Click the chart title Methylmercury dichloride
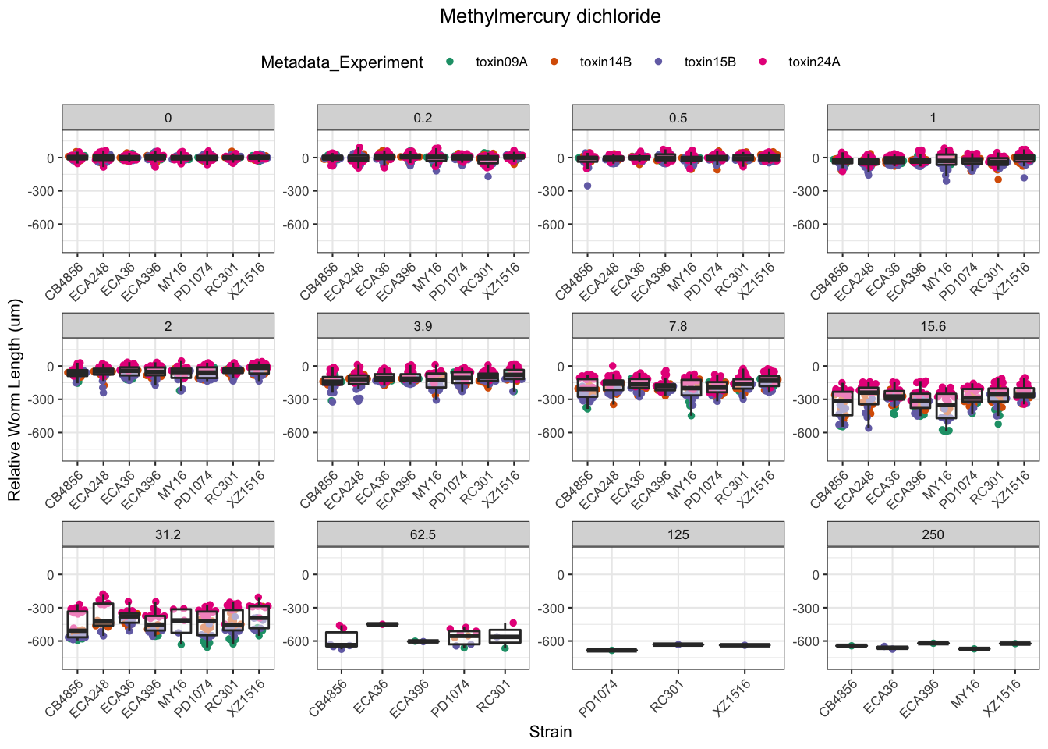point(550,16)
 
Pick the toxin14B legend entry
point(605,62)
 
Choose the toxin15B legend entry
point(710,62)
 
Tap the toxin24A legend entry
point(814,62)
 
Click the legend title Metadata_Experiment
point(342,62)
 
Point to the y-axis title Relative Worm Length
point(15,400)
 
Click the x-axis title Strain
point(550,732)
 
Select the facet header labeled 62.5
point(423,534)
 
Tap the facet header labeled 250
point(933,534)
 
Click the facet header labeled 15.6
point(933,326)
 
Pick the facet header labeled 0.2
point(423,118)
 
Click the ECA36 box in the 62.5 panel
point(382,624)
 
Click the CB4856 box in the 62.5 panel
point(341,639)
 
